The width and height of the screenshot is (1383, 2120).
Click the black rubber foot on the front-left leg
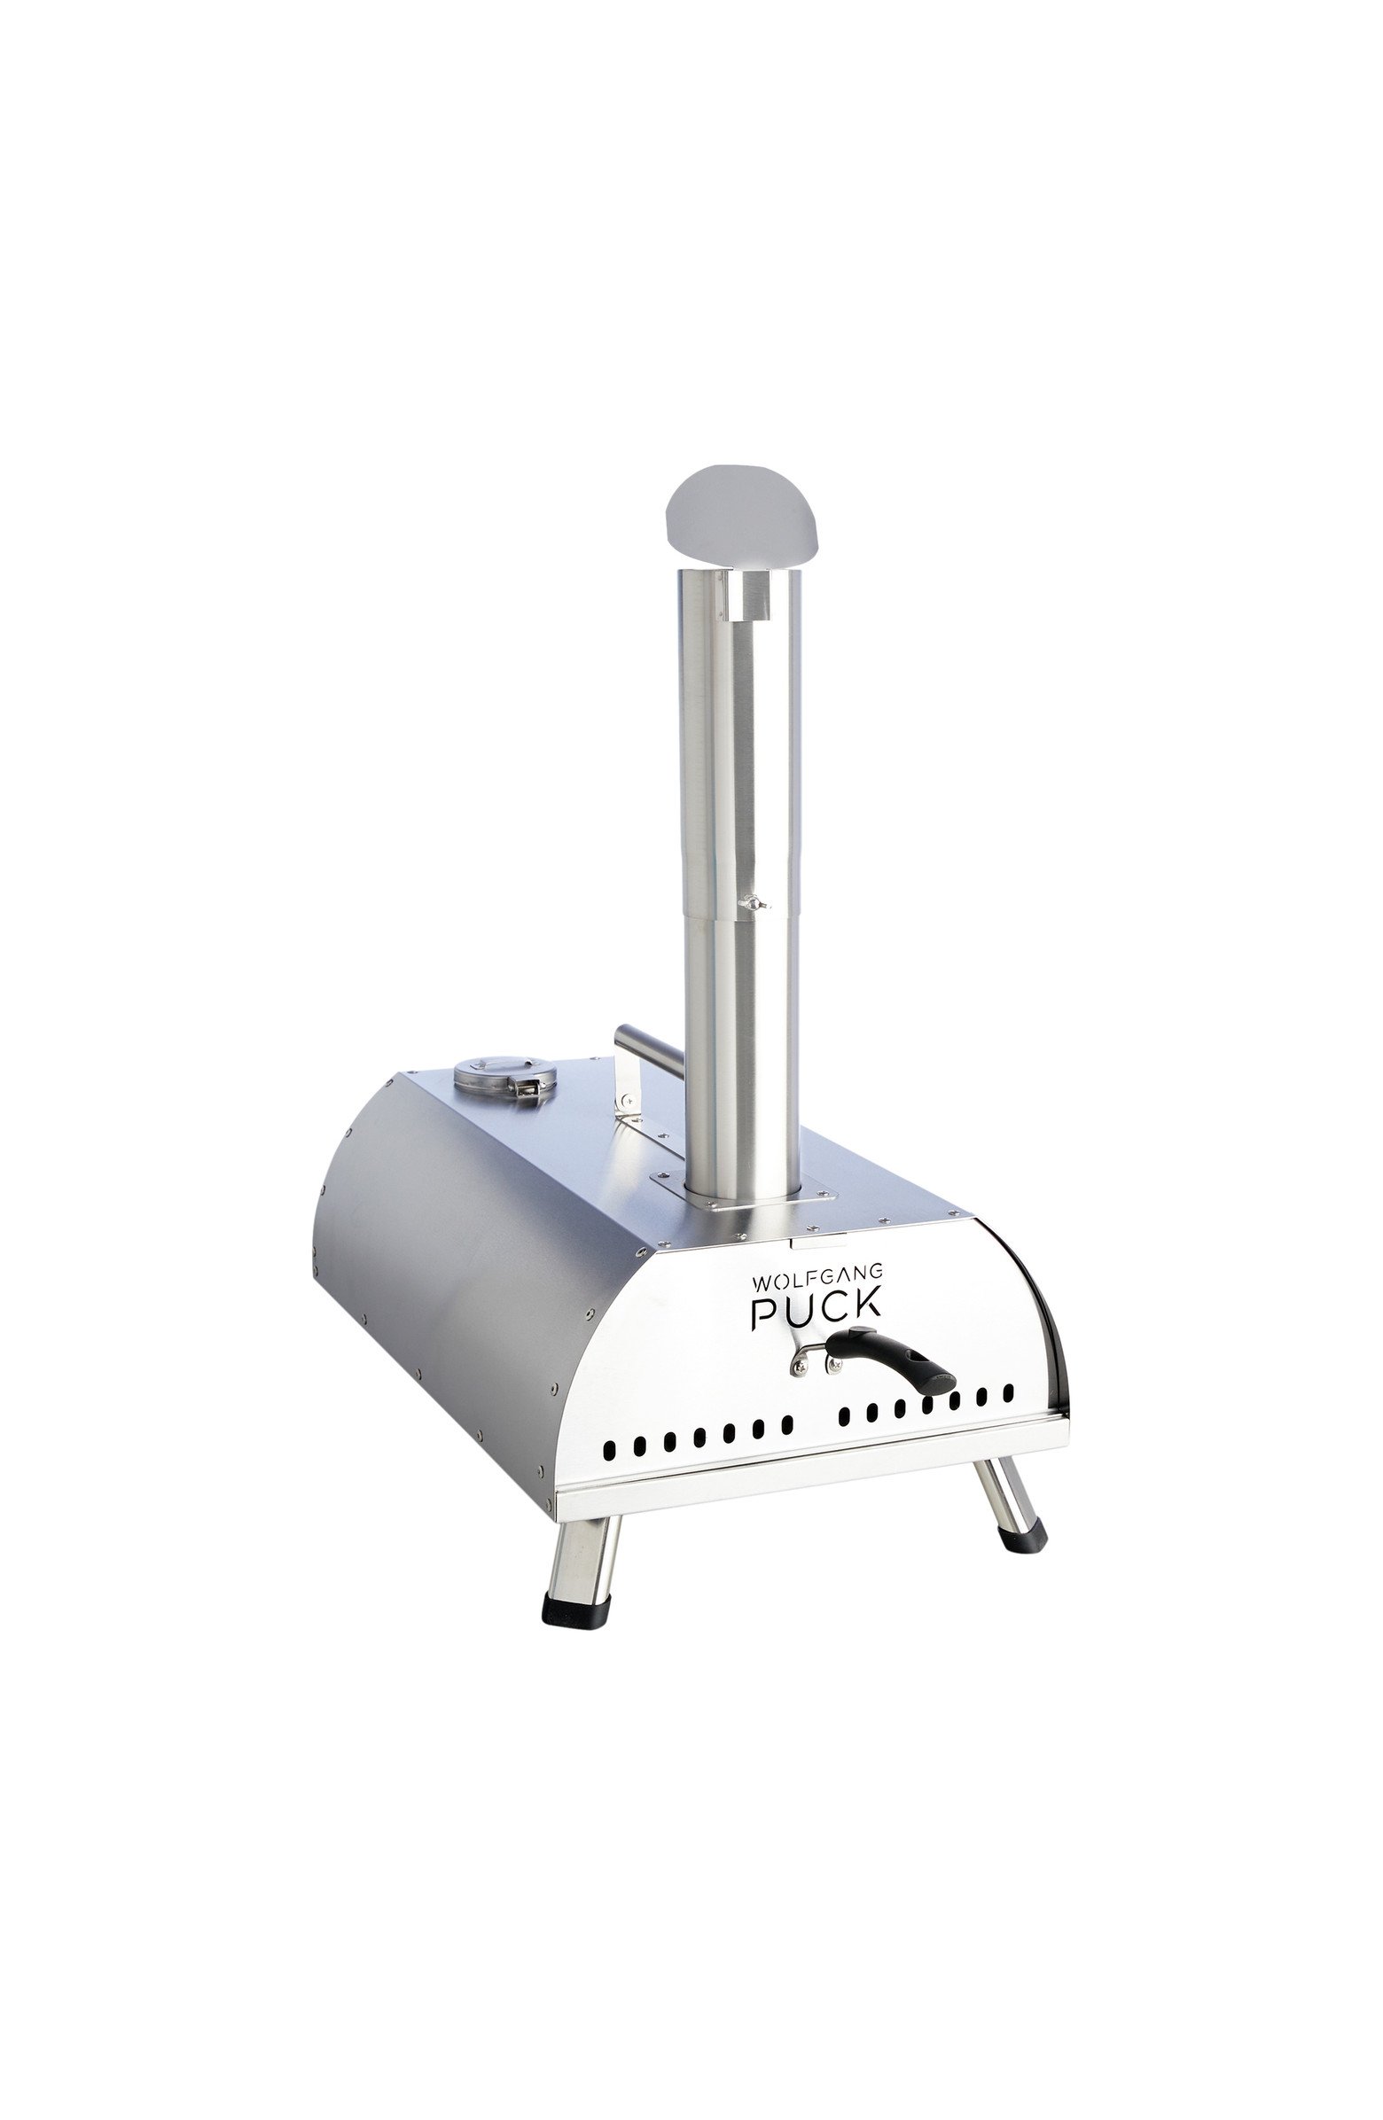[x=575, y=1609]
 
